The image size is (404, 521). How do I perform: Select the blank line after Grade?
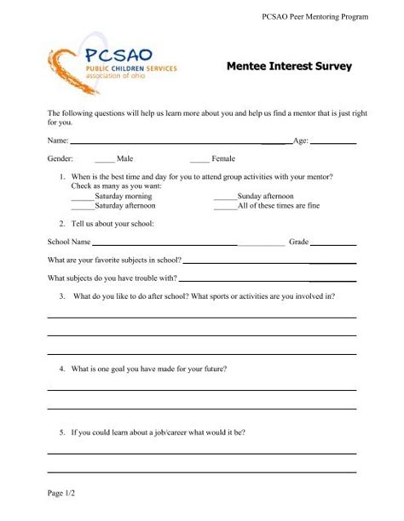334,245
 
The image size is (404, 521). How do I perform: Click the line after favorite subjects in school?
268,263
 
